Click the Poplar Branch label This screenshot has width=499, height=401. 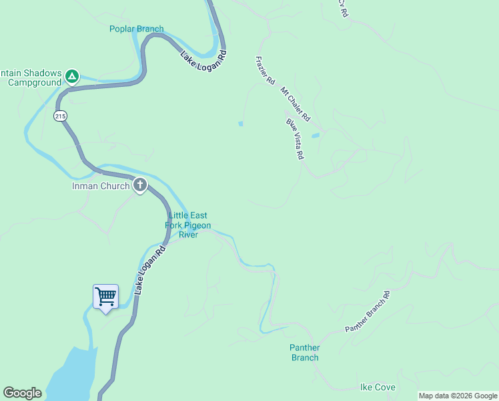(x=136, y=29)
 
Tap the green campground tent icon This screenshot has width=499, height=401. (x=72, y=77)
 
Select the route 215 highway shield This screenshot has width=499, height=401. (x=61, y=116)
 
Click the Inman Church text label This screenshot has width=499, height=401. (x=100, y=186)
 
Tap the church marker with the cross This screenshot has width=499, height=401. (x=139, y=185)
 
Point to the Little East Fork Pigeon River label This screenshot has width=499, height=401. (x=188, y=225)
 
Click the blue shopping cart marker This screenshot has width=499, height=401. (x=105, y=296)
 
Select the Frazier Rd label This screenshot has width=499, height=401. (x=265, y=70)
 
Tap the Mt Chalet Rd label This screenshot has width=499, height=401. (x=295, y=104)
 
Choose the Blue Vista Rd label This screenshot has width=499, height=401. (x=295, y=139)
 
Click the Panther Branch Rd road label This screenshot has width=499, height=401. (x=367, y=312)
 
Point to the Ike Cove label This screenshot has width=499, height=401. (x=378, y=388)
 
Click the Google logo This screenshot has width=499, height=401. (x=22, y=393)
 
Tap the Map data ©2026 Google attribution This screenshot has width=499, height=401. (x=458, y=396)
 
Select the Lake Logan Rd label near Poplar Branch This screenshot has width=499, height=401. (x=203, y=57)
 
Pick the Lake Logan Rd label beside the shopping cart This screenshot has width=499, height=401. (x=149, y=271)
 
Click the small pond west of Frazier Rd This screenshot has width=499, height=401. (x=240, y=123)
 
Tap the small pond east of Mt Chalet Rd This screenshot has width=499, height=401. (x=316, y=135)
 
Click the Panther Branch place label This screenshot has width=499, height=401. (x=305, y=352)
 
